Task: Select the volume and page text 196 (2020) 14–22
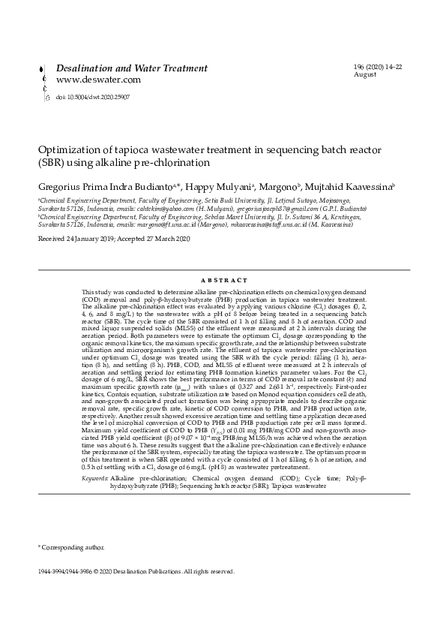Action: tap(378, 68)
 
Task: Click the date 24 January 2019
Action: tap(87, 238)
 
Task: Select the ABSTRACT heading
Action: tap(223, 281)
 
